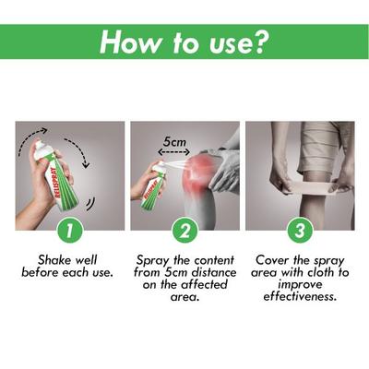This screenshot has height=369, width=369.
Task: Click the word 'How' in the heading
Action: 128,42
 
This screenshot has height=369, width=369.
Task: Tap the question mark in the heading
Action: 262,42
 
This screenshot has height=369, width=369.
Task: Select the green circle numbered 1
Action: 70,229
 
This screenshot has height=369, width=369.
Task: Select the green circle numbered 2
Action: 184,229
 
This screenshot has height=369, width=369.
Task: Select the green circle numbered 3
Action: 299,229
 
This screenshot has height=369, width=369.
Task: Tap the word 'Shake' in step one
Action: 54,260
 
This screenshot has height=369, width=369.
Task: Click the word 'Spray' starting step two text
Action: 153,260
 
